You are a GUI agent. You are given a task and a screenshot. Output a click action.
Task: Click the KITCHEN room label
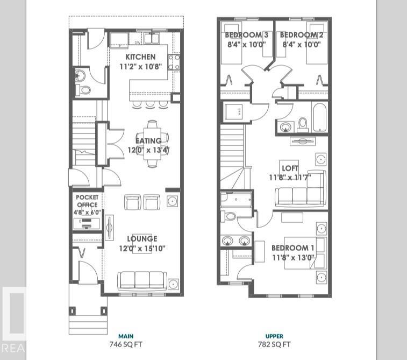click(x=140, y=57)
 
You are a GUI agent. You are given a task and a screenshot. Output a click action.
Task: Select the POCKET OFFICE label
click(x=87, y=201)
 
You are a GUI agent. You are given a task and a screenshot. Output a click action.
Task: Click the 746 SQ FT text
click(x=125, y=344)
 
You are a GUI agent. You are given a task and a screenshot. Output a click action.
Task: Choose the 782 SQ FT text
click(x=274, y=344)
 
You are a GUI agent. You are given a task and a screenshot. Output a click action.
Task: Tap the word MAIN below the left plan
click(x=125, y=336)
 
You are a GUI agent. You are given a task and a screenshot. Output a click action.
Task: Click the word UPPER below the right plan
click(x=274, y=336)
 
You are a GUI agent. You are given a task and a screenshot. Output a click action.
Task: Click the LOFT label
click(x=290, y=168)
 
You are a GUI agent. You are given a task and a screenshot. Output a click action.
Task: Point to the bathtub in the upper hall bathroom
click(x=319, y=117)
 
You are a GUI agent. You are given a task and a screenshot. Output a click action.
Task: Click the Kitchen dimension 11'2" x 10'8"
click(x=140, y=67)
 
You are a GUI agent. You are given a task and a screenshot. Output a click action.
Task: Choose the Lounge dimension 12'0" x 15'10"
click(x=142, y=248)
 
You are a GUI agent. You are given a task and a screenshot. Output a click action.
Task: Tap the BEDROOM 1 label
click(x=293, y=248)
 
